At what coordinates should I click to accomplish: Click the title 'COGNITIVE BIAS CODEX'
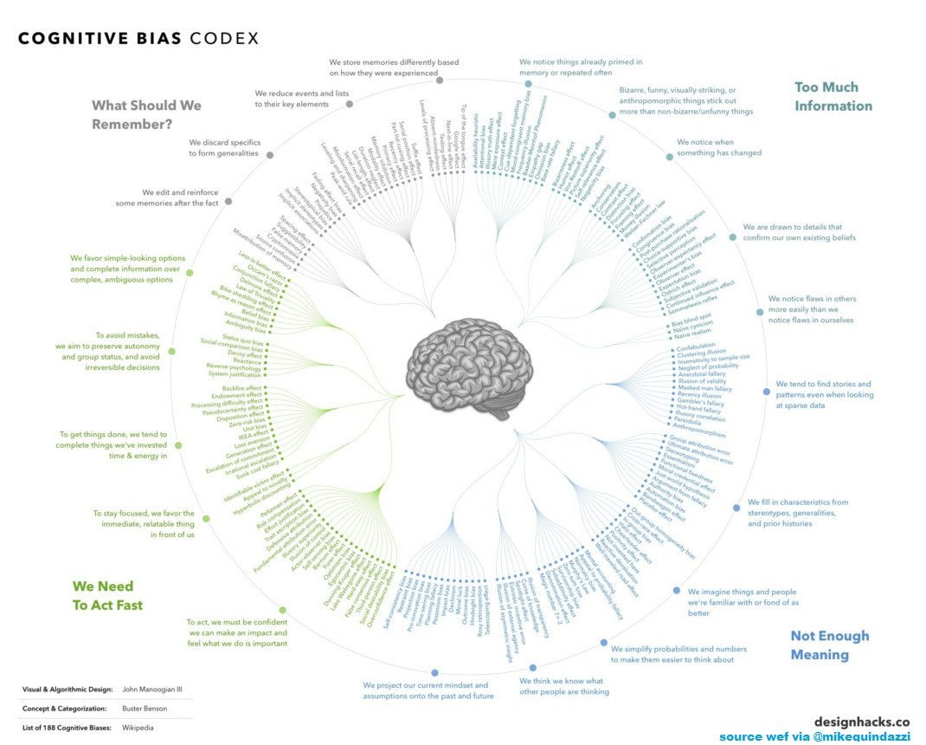[x=138, y=39]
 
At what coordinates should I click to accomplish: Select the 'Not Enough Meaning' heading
[x=829, y=645]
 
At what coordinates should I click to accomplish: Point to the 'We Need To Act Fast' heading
[x=107, y=595]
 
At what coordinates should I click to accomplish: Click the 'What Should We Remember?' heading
[x=146, y=114]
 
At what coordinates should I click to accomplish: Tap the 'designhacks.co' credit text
[x=861, y=721]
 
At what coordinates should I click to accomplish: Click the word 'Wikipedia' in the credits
[x=144, y=728]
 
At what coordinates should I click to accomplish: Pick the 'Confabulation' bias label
[x=701, y=347]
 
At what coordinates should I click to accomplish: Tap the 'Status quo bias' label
[x=242, y=336]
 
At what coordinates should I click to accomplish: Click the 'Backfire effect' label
[x=241, y=387]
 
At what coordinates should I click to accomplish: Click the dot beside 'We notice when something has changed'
[x=669, y=157]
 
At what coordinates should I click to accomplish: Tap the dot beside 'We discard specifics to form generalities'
[x=270, y=155]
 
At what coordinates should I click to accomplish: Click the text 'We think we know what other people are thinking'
[x=563, y=686]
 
